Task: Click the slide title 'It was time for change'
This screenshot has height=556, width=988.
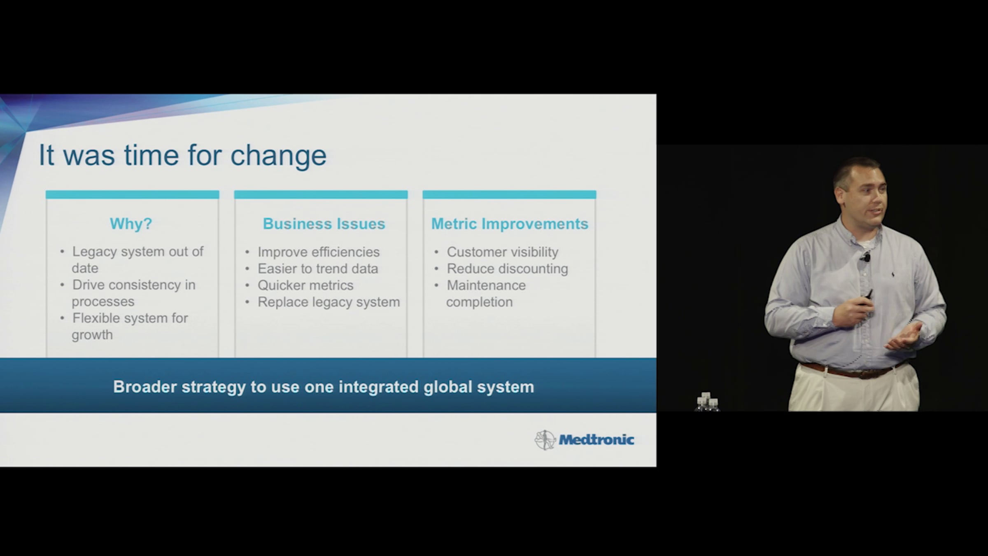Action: [x=182, y=156]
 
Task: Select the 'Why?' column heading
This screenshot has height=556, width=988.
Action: [x=131, y=224]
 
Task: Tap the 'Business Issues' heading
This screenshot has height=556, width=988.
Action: [x=324, y=224]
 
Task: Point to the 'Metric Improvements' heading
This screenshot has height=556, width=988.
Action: [x=510, y=224]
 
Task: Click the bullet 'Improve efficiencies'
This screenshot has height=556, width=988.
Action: [x=319, y=252]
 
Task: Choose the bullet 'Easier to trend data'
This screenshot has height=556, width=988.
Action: [x=318, y=269]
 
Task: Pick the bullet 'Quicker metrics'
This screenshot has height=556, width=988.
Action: [x=305, y=285]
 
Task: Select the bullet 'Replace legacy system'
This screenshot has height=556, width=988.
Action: [x=329, y=302]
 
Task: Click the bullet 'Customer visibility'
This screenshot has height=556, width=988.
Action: [x=503, y=252]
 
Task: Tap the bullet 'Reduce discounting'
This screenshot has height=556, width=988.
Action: [x=508, y=269]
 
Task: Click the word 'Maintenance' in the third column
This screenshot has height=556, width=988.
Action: [x=486, y=285]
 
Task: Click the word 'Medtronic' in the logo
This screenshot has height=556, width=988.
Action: [x=596, y=440]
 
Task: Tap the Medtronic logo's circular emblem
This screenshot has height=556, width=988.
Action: [x=545, y=440]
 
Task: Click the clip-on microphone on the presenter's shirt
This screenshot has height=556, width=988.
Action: [x=867, y=258]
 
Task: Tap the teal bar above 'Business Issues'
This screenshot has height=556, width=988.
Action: [x=321, y=194]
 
